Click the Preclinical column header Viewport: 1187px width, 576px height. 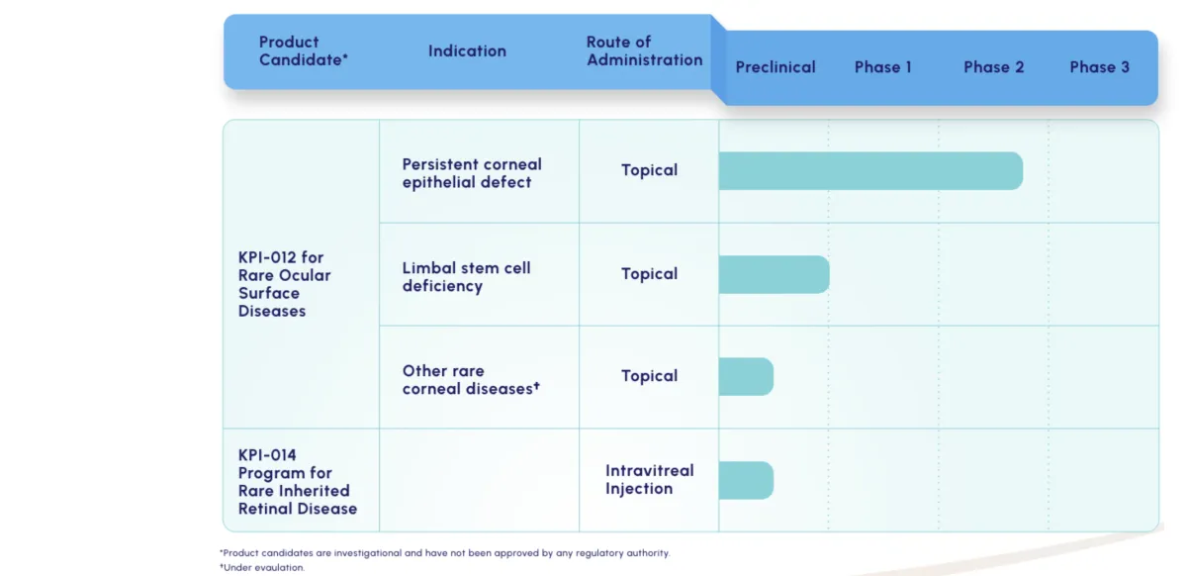click(776, 67)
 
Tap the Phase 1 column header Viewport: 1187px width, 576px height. click(882, 67)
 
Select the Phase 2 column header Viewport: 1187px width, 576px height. click(993, 67)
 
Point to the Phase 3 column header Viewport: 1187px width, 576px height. click(1100, 67)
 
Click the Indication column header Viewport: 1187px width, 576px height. click(467, 50)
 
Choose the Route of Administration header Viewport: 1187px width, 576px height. click(644, 50)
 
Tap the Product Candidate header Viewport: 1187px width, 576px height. click(303, 50)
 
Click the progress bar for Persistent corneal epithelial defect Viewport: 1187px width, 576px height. click(870, 171)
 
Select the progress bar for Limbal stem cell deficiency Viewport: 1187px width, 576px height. click(775, 274)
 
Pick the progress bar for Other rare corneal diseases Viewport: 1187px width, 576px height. click(746, 376)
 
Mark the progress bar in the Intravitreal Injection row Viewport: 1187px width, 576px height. click(746, 480)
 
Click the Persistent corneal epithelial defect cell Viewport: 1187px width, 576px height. click(472, 173)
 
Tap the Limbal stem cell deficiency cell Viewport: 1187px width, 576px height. click(466, 277)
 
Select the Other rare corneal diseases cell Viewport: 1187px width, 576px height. click(471, 380)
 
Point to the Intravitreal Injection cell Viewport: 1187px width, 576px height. click(649, 479)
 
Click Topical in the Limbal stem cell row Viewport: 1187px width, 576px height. click(649, 274)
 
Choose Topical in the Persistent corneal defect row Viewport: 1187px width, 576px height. click(649, 170)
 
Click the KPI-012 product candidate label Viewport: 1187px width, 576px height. click(284, 284)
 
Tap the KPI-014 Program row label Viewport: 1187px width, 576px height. click(298, 482)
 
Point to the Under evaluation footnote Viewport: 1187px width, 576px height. click(262, 567)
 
